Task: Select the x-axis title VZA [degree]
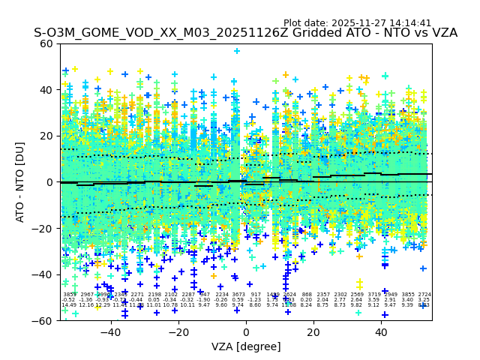point(246,346)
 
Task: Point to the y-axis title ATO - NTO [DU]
point(20,182)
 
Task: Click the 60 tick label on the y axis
point(46,43)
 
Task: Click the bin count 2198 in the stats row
point(154,295)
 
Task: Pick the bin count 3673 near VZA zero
point(238,295)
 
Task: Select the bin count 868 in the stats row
point(307,295)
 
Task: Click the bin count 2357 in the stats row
point(323,295)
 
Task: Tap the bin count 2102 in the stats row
point(171,295)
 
